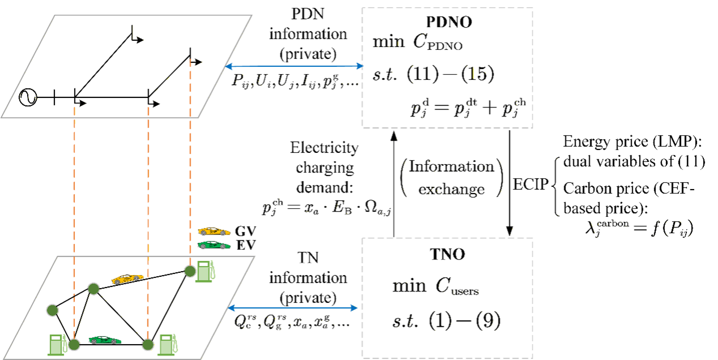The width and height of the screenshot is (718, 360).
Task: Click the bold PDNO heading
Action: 448,22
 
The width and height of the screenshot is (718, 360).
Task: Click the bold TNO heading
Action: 447,255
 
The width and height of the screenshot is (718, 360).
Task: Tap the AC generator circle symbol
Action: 28,97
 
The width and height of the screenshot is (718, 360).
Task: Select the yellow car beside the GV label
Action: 214,232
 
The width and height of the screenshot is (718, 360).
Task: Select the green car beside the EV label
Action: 214,245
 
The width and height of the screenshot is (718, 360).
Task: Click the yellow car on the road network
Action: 127,279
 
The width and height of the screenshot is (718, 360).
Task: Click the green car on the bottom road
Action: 105,340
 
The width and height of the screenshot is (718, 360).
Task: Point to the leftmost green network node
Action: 52,310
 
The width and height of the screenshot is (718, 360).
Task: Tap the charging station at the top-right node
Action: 205,272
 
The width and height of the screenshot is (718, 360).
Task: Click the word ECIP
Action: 531,184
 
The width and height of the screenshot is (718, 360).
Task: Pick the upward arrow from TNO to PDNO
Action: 394,184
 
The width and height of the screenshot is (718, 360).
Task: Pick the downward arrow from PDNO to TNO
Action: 509,183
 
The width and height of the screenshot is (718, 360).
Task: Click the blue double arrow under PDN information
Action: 294,66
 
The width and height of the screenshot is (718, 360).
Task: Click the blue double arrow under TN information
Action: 292,308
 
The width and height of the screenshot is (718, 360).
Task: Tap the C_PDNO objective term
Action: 438,42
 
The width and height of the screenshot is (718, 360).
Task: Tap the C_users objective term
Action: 457,286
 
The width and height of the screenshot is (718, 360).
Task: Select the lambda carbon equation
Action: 639,229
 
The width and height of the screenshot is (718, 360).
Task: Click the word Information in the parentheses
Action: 451,166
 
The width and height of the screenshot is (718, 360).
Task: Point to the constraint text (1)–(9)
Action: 464,321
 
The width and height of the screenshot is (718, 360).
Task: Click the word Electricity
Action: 324,148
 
